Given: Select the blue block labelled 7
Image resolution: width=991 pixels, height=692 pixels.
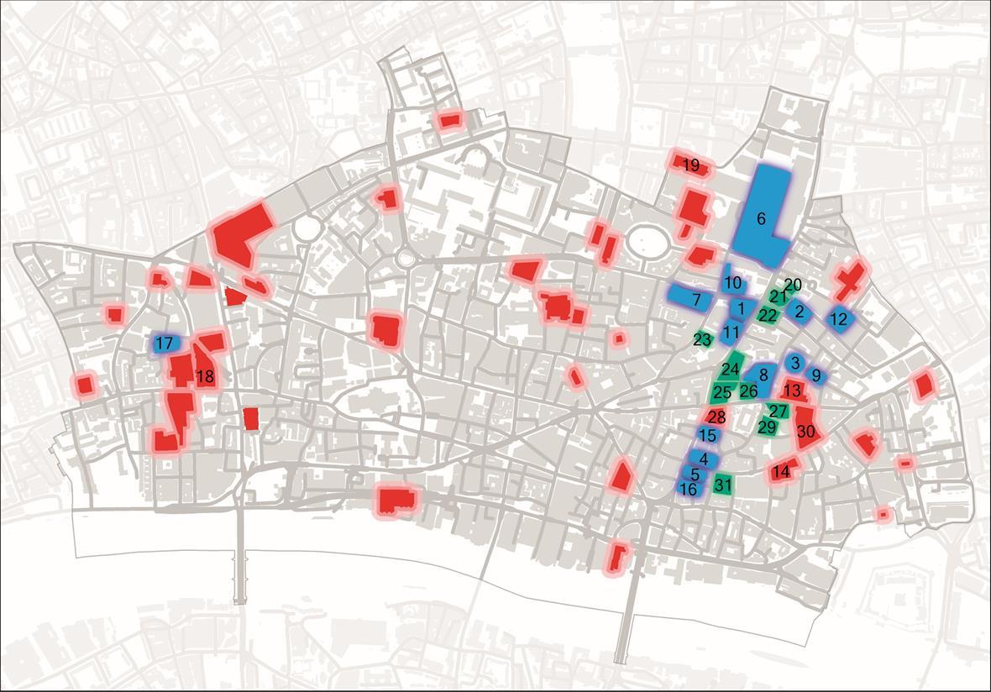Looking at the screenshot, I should (695, 297).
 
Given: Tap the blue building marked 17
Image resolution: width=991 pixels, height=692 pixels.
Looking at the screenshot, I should (165, 343).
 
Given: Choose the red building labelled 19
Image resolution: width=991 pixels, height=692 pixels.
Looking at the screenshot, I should (690, 165).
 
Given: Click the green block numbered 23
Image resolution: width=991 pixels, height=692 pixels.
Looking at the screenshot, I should (703, 340).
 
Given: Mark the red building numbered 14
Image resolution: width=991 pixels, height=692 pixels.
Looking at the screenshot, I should (782, 471).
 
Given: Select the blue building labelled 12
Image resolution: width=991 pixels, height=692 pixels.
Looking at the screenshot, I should (838, 319).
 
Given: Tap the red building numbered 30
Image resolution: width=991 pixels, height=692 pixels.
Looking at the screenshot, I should (807, 430).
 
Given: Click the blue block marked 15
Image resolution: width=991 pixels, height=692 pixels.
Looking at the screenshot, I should (707, 435).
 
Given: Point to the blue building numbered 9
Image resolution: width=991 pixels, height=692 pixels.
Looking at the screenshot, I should (815, 375).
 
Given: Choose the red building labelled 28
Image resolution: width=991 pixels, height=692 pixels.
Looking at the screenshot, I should (716, 417).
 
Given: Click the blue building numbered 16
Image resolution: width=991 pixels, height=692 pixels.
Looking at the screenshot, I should (688, 489).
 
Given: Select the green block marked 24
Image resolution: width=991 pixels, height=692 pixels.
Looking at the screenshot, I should (731, 369).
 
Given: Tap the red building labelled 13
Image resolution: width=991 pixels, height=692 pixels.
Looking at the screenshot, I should (792, 391).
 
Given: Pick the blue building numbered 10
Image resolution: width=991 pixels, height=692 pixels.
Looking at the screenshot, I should (732, 283).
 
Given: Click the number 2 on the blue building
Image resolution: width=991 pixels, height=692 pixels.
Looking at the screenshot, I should (800, 312).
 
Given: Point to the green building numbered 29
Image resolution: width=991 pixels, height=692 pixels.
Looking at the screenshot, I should (767, 427).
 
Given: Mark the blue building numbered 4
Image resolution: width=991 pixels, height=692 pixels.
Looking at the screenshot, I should (703, 459).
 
